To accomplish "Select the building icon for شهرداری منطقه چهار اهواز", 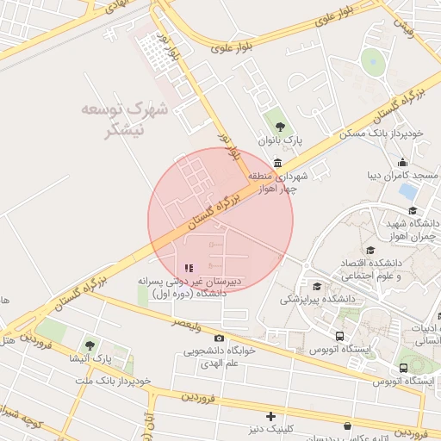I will (x=277, y=164).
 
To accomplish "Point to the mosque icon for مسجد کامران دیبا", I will (x=402, y=163).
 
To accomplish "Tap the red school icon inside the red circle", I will (x=189, y=268).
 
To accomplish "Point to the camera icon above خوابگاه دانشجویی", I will (x=219, y=339).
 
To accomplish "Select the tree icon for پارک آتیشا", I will (x=90, y=345).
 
